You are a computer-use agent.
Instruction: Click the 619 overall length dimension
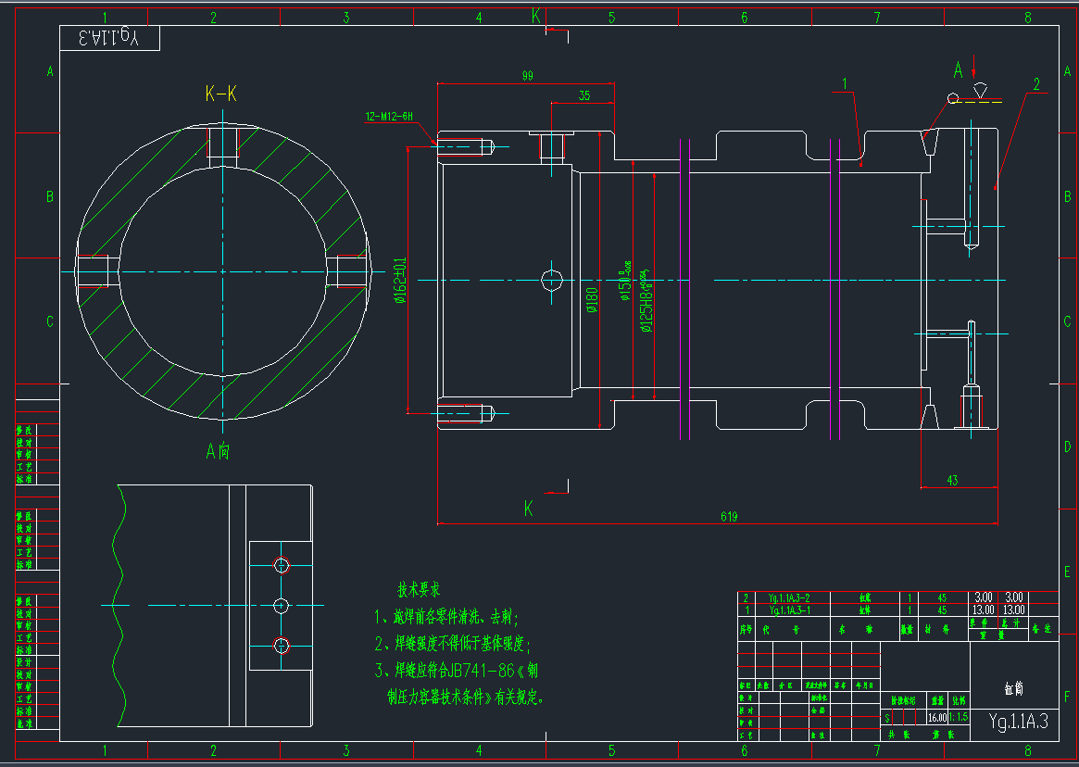point(728,517)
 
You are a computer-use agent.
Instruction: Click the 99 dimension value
point(528,76)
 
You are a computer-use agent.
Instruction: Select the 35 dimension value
point(583,95)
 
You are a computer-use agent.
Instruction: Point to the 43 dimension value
point(953,480)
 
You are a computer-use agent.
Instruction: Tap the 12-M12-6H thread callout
point(388,117)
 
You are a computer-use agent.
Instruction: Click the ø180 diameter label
point(592,300)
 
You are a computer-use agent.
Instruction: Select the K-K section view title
point(221,94)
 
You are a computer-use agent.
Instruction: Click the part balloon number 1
point(845,84)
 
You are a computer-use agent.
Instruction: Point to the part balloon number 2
point(1036,84)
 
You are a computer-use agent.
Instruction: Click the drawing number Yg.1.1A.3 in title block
point(1018,722)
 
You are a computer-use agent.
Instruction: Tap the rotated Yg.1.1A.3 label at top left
point(108,38)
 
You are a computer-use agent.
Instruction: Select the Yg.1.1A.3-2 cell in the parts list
point(789,597)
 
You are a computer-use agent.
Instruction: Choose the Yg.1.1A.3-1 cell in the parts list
point(789,610)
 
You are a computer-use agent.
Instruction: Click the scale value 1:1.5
point(959,717)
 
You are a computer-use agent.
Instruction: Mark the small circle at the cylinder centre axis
point(552,279)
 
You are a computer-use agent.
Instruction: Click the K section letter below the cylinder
point(529,508)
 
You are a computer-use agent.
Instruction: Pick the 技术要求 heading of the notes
point(419,589)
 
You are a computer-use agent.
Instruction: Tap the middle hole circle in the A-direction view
point(282,605)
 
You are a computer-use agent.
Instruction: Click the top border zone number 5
point(611,17)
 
